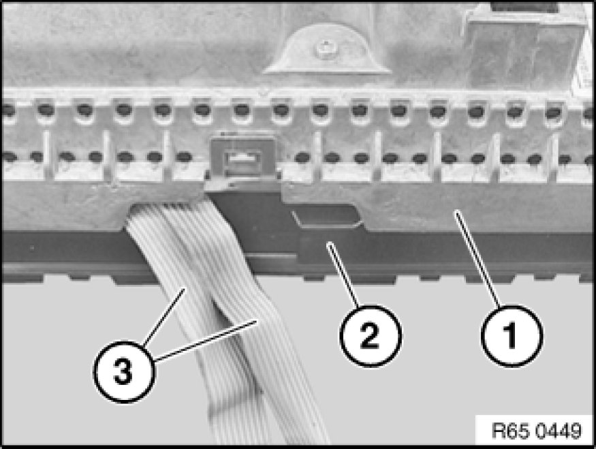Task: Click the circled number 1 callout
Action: (x=512, y=336)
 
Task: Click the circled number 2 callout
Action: (x=371, y=336)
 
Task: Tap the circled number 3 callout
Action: (x=124, y=371)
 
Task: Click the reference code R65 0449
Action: (x=536, y=431)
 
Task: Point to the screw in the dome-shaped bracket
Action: (x=326, y=50)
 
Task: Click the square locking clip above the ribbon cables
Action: (x=242, y=159)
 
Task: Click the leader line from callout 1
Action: (x=477, y=258)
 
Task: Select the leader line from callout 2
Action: (x=343, y=275)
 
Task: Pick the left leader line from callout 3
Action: (x=164, y=316)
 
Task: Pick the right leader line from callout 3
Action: (x=206, y=340)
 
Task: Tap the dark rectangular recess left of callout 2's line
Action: (x=326, y=215)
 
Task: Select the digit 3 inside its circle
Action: (x=123, y=372)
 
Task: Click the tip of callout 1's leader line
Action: (x=456, y=211)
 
